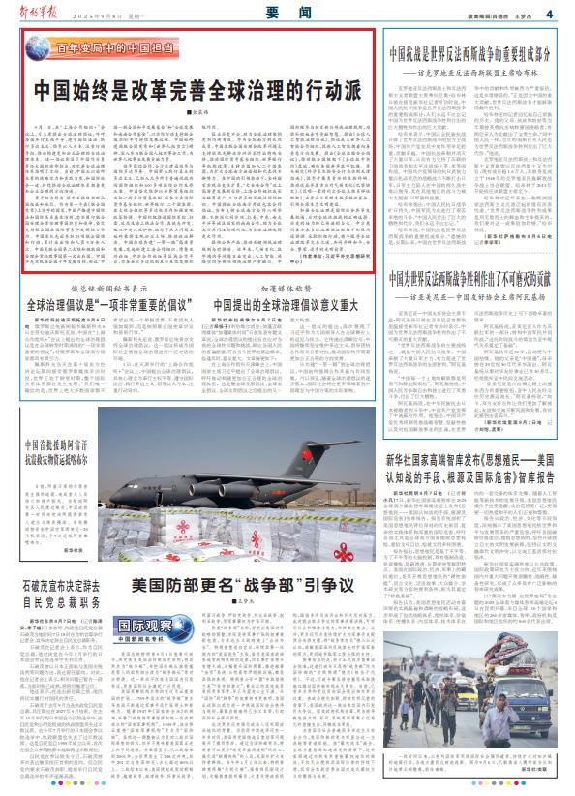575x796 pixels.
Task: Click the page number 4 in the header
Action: pos(548,13)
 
